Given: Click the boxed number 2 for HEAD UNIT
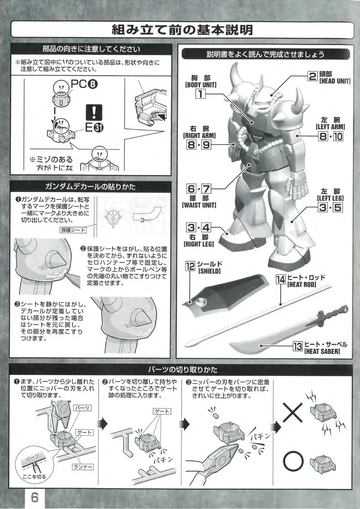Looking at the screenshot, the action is (x=313, y=76).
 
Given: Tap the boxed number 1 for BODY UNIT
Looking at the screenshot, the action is (x=201, y=93).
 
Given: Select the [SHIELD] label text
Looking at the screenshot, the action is (x=209, y=271).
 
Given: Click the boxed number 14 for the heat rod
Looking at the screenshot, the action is (x=281, y=279).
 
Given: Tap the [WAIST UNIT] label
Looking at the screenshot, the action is (x=199, y=205).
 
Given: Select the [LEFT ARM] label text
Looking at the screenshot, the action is (x=330, y=127).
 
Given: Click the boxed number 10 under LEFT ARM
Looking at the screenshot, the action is (x=338, y=136).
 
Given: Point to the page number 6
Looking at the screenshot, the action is (x=35, y=498).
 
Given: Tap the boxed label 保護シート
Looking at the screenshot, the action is (x=73, y=230).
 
